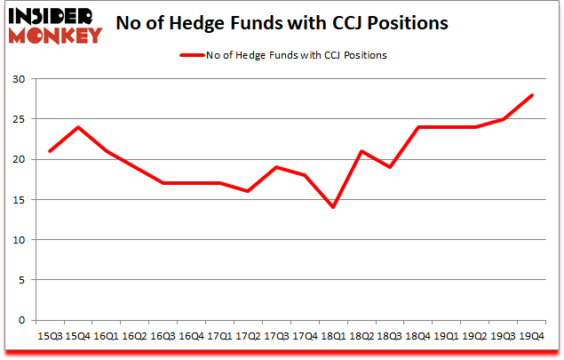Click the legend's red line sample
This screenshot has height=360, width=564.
[x=193, y=55]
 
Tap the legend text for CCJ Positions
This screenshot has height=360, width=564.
[x=298, y=55]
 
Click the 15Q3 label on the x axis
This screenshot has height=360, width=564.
[x=50, y=336]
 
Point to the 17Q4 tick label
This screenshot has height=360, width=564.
[x=306, y=336]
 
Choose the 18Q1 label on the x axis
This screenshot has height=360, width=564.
[x=334, y=336]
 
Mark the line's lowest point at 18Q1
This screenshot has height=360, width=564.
[x=334, y=207]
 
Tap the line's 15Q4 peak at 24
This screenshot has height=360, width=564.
[x=78, y=127]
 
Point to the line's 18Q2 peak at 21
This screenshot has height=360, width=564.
[x=362, y=151]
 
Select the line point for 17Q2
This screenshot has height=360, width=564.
[x=249, y=191]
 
